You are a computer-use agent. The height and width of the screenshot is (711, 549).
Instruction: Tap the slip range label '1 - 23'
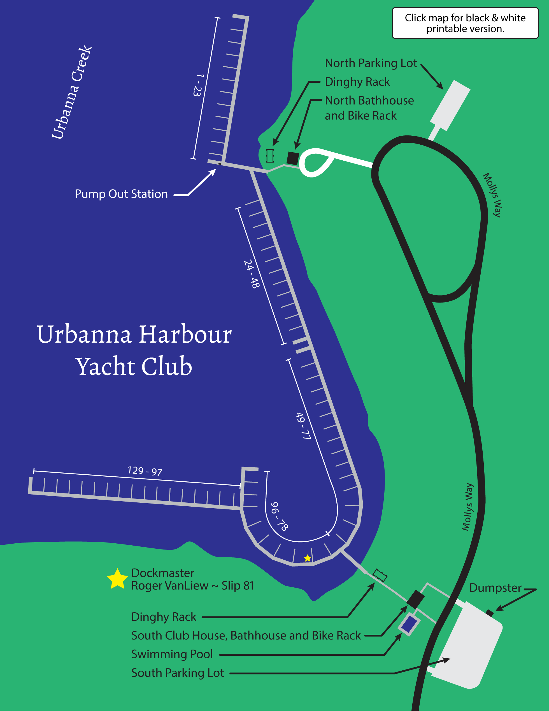[198, 85]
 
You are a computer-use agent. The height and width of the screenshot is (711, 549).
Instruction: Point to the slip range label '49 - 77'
[303, 426]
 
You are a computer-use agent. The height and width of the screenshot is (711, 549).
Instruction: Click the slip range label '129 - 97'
[145, 471]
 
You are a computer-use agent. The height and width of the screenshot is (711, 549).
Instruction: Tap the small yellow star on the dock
[307, 558]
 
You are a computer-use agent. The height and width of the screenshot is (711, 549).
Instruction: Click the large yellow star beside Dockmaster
[117, 579]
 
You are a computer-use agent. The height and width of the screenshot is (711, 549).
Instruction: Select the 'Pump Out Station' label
[121, 194]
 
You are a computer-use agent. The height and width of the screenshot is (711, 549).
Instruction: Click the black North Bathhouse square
[293, 158]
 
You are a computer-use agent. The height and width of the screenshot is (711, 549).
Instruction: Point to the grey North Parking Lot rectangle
[450, 105]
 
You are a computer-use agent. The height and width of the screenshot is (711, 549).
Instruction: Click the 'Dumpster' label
[495, 588]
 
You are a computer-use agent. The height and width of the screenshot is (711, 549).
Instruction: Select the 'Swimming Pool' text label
[172, 654]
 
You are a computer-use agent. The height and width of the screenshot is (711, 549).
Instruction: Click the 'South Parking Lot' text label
[178, 673]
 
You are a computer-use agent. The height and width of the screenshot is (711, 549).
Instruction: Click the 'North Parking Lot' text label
[371, 63]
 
